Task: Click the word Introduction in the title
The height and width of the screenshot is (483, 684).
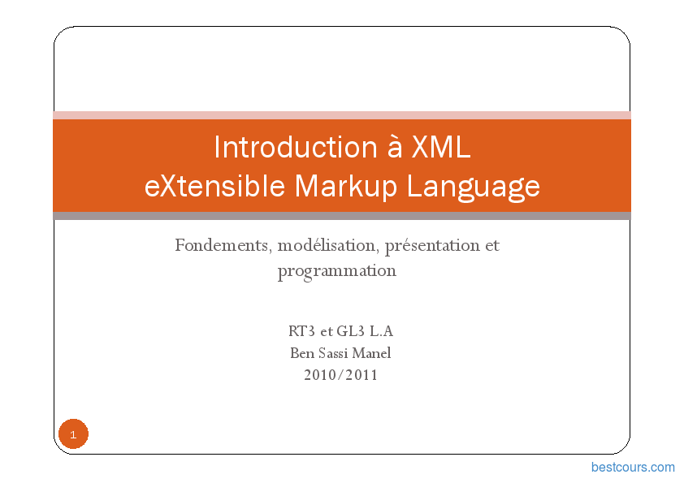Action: coord(296,147)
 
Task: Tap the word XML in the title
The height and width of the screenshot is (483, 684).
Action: coord(441,147)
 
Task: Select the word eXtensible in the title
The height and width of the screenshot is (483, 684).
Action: coord(214,186)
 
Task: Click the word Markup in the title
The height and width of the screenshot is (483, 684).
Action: coord(345,187)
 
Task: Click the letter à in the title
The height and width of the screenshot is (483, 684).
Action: coord(395,147)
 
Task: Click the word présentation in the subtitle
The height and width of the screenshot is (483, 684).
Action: coord(432,246)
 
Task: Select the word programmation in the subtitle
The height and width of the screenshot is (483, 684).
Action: coord(337,272)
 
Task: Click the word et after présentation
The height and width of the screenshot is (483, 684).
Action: coord(492,246)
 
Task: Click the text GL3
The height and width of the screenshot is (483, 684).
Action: coord(351,331)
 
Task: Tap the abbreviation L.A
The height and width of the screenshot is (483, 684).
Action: coord(381,331)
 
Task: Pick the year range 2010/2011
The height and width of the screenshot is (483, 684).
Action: coord(340,375)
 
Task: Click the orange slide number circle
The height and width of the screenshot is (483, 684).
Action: coord(73,433)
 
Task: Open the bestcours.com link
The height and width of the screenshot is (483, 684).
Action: coord(633,468)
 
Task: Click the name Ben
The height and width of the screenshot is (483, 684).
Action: coord(302,353)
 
